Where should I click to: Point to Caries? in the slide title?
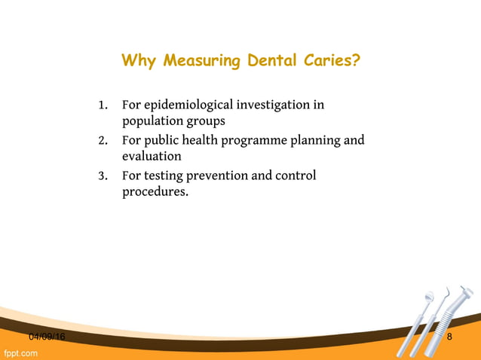coord(330,59)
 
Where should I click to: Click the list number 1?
coord(102,105)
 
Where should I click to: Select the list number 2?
coord(102,140)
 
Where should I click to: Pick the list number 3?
coord(102,176)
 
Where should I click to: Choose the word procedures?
coord(155,193)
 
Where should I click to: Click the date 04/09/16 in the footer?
coord(47,337)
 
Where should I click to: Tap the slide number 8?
coord(450,337)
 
